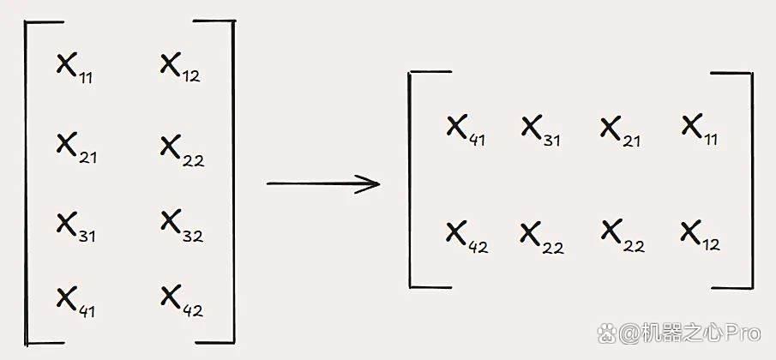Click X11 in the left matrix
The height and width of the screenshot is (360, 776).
click(x=75, y=69)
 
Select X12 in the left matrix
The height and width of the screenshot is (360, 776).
click(x=180, y=68)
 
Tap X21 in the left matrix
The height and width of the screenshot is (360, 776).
click(x=76, y=148)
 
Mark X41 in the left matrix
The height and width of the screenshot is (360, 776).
click(x=75, y=303)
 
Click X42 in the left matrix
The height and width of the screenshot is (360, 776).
click(x=182, y=301)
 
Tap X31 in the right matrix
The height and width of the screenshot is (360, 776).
click(x=541, y=131)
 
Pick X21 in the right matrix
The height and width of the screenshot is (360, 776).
click(x=620, y=131)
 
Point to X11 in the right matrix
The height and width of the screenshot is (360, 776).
click(x=700, y=129)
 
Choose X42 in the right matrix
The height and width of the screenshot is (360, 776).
click(x=467, y=238)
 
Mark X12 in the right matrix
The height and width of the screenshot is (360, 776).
click(x=701, y=236)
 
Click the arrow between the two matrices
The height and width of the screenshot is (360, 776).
click(x=323, y=184)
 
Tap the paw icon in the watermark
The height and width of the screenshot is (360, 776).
click(x=607, y=333)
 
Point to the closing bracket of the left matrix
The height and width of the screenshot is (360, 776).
click(x=233, y=182)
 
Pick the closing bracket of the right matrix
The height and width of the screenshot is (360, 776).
click(x=752, y=181)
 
